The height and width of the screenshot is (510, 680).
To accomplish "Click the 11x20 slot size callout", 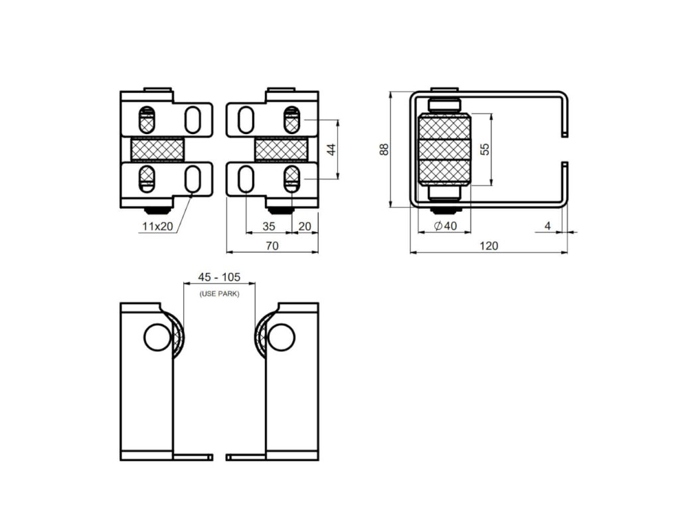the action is (x=157, y=226).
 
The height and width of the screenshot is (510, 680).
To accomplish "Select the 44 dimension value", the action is (x=331, y=149).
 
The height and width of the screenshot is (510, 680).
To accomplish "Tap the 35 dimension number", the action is (x=269, y=226).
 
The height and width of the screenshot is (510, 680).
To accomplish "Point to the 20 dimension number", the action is (x=305, y=226).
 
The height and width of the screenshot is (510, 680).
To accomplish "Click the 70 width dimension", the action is (x=272, y=246).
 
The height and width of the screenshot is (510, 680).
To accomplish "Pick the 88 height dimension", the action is (x=384, y=149).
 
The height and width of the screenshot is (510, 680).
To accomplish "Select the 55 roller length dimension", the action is (x=485, y=149).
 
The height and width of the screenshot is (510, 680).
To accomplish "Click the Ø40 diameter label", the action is (x=446, y=226).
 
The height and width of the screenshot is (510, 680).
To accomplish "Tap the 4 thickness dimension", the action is (x=548, y=226).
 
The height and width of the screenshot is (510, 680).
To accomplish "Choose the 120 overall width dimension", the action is (x=489, y=246).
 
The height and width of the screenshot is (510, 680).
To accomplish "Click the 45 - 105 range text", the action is (x=219, y=277).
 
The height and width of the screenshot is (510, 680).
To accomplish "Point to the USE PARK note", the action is (x=219, y=294).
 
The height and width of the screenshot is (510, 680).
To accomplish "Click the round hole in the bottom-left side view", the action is (x=157, y=337).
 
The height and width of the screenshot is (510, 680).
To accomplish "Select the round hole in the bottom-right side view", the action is (x=282, y=337).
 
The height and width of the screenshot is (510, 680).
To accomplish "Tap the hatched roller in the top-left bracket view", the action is (x=157, y=149).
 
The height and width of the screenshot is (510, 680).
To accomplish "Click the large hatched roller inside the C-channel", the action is (x=444, y=149).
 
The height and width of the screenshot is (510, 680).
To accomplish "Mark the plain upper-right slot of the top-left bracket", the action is (x=193, y=120).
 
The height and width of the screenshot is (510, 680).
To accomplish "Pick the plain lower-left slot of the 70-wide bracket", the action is (x=246, y=179).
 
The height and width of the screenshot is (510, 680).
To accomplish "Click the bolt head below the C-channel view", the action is (x=444, y=211).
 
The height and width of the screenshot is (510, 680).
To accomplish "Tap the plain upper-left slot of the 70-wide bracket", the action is (x=246, y=120).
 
